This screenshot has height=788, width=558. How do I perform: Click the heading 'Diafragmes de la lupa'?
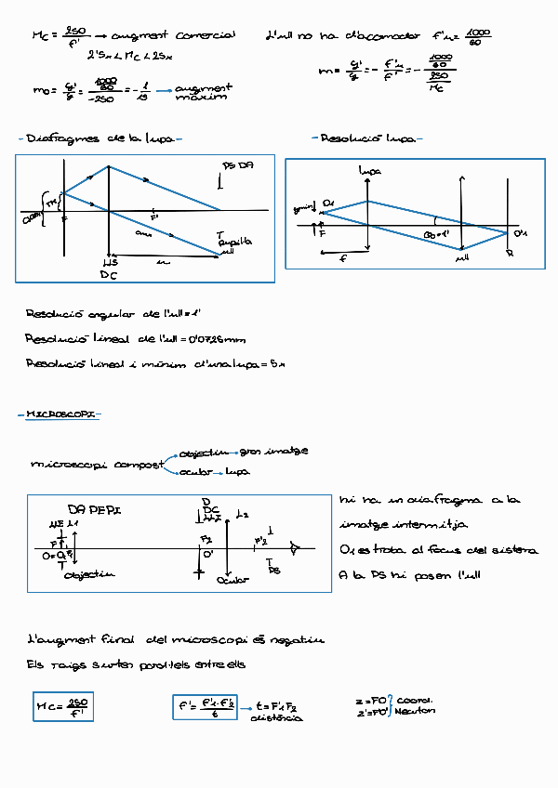100,138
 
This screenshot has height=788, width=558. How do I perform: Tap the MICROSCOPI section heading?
60,414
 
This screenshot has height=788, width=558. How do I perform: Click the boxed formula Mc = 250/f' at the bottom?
62,708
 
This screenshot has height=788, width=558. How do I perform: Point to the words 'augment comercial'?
172,37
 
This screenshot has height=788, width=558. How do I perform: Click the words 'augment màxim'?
203,91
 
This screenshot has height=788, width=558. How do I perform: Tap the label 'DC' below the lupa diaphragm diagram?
109,275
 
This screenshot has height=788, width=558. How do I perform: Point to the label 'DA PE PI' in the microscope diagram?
95,510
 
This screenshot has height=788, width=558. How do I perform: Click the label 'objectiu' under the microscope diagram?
89,575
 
